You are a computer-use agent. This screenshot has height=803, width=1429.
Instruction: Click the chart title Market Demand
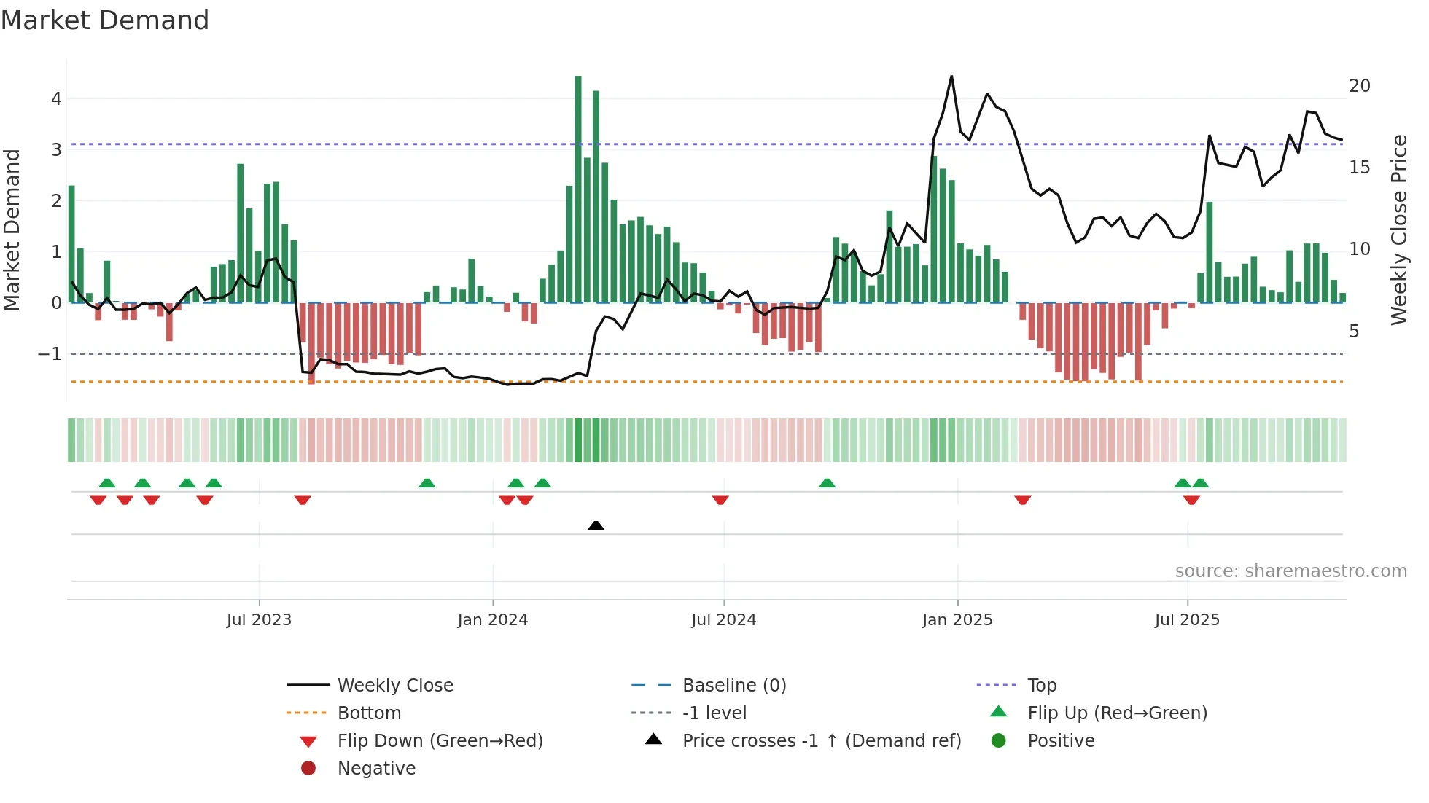[105, 20]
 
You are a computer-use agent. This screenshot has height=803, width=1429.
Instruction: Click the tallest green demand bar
[578, 189]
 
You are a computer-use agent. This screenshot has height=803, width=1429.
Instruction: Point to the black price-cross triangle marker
[596, 525]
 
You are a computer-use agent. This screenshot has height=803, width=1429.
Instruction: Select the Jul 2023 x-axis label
[259, 620]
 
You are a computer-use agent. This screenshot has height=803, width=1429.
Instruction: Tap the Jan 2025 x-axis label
[957, 620]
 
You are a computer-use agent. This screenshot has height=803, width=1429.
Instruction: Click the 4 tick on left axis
[56, 98]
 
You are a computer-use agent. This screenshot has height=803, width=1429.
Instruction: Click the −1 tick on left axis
[50, 354]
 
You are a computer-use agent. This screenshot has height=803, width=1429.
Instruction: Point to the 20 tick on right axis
[1360, 86]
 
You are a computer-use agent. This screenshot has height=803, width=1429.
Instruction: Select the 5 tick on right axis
[1354, 332]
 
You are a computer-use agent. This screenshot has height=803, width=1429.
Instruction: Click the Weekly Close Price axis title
[1398, 230]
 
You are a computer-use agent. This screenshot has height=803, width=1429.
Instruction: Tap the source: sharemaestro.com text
[1290, 571]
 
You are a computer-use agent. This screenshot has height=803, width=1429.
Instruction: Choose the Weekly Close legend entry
[394, 686]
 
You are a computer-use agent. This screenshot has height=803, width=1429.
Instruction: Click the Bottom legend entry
[369, 713]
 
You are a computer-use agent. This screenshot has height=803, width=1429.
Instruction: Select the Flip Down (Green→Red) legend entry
[440, 741]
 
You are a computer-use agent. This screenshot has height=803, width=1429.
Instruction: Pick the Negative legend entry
[376, 769]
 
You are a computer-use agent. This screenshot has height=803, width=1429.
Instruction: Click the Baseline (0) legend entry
[733, 686]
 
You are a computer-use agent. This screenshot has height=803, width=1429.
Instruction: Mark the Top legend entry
[1042, 686]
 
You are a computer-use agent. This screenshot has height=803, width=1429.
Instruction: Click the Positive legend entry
[1061, 741]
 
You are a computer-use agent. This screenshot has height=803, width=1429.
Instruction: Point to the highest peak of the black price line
[951, 77]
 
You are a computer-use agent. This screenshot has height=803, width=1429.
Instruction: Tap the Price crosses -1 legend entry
[821, 741]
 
